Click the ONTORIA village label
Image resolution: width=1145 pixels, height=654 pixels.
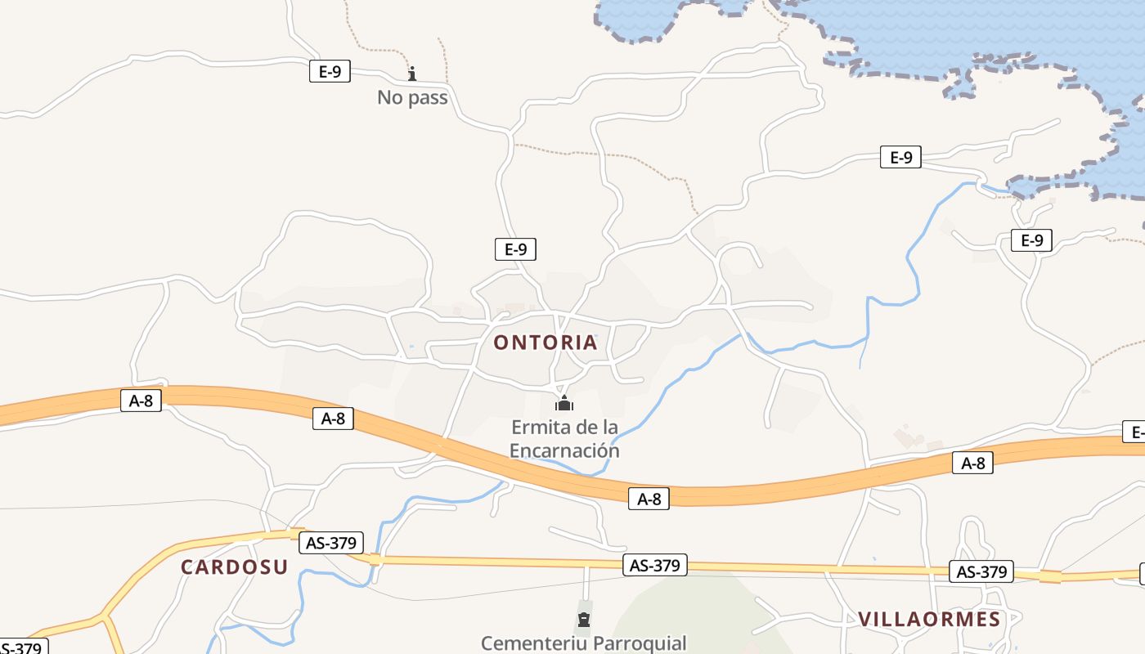546,343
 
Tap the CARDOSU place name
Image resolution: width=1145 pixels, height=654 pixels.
235,567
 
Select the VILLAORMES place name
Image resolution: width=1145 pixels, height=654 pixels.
929,619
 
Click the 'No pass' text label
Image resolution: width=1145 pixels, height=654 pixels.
412,97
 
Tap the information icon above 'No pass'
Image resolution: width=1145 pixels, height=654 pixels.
412,74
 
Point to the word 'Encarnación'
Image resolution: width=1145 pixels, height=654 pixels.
564,450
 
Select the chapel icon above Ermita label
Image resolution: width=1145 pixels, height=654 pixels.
564,403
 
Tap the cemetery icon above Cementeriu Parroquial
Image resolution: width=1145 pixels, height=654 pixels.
584,619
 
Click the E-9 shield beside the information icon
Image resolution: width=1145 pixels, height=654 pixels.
330,71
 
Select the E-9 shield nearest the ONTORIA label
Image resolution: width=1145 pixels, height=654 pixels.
515,249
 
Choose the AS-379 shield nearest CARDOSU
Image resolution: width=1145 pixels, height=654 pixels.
331,543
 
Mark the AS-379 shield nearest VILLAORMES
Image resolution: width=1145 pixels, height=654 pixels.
981,571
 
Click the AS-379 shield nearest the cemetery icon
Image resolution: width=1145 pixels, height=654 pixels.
655,565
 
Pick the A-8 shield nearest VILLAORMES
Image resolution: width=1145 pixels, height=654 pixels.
972,464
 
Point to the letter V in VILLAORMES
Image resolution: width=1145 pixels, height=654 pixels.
864,619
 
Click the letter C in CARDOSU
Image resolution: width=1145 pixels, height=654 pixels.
187,567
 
